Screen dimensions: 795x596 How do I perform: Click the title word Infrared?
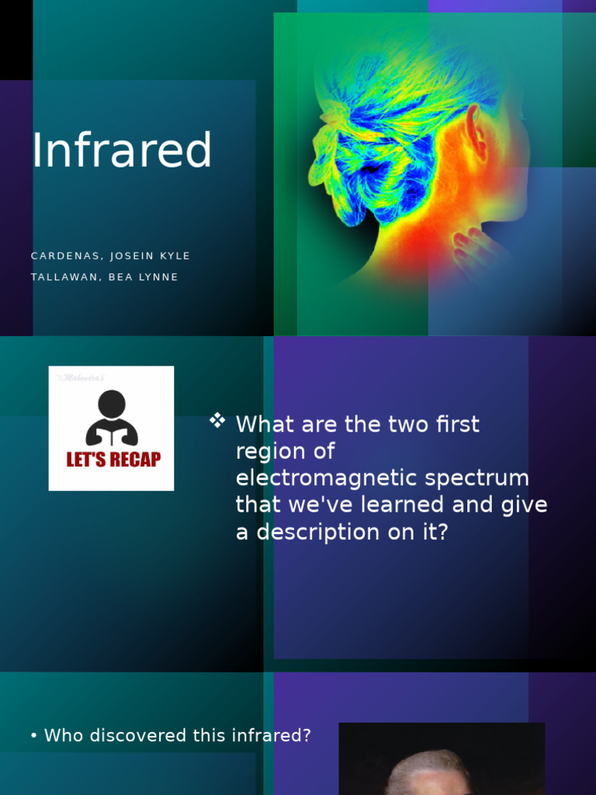click(122, 151)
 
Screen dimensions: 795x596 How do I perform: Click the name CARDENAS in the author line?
click(66, 256)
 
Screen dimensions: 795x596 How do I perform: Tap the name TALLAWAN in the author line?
click(65, 277)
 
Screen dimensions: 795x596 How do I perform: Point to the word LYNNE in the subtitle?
click(159, 277)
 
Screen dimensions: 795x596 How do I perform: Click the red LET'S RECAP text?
click(113, 460)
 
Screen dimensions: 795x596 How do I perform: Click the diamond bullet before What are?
click(217, 421)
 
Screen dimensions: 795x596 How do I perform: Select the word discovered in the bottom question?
click(137, 736)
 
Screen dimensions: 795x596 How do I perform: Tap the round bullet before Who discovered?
click(34, 736)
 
